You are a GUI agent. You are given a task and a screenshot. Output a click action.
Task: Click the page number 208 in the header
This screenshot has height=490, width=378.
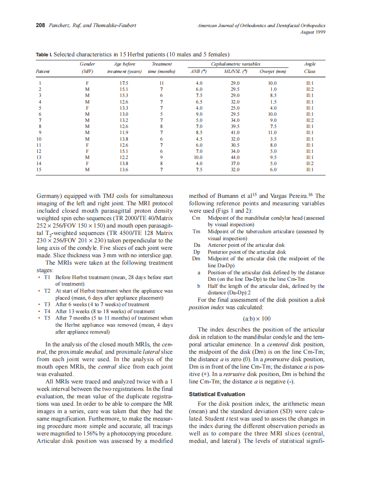point(40,25)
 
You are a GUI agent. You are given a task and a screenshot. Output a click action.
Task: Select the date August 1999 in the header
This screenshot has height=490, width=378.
point(313,32)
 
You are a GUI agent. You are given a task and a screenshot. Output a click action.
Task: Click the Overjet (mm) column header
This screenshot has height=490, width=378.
point(273,71)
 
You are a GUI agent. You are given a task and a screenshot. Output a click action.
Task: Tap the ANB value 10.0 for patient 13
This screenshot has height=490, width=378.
point(199,157)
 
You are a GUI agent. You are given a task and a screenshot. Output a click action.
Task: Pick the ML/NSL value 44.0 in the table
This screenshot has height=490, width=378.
point(235,157)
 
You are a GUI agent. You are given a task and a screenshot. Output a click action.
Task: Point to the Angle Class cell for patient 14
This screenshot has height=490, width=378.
point(309,163)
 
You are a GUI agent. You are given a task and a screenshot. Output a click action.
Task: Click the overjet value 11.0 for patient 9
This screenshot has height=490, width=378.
point(273,132)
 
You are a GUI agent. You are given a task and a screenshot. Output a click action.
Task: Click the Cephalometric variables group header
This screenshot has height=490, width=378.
point(235,64)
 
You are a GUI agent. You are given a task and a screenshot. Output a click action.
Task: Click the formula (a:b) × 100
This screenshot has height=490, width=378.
point(257,318)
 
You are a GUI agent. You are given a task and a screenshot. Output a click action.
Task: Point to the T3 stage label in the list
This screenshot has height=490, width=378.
point(48,304)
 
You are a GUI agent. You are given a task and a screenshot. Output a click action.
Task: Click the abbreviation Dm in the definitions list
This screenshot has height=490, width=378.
point(196,259)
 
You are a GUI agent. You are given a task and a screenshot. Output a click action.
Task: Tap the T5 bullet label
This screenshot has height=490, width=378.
point(48,318)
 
